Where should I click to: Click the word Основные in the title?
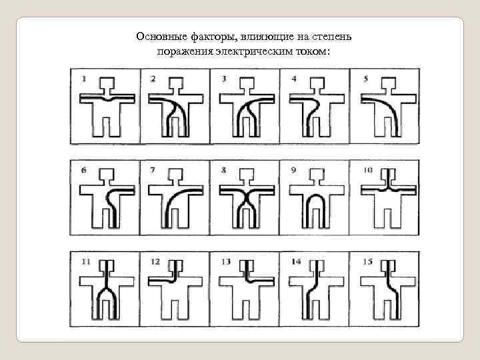click(161, 37)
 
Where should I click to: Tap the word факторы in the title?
click(214, 37)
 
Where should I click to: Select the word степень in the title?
click(332, 37)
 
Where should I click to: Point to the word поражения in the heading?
click(185, 51)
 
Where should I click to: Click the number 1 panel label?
click(84, 79)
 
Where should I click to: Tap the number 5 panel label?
click(365, 79)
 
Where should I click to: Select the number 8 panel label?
click(224, 170)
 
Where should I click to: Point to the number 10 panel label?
click(367, 170)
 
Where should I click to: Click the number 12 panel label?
click(155, 262)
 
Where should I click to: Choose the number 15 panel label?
click(367, 262)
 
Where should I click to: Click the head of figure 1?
click(107, 83)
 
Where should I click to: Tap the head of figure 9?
click(317, 174)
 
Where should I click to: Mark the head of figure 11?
click(107, 266)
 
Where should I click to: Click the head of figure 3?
click(247, 83)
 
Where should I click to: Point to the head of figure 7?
click(176, 174)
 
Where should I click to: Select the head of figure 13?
click(247, 266)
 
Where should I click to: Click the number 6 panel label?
click(84, 170)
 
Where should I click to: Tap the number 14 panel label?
click(296, 262)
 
